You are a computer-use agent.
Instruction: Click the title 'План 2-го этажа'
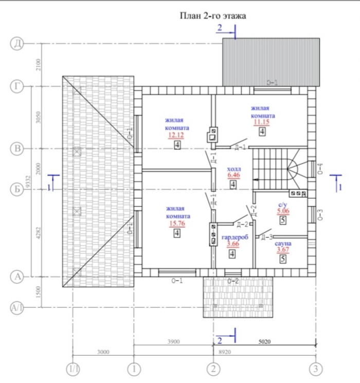[212, 16]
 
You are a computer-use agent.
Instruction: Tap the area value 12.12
[176, 135]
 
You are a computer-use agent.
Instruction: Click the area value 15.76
[176, 223]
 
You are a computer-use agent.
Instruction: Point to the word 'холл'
[233, 168]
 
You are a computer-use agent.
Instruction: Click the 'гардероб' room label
[235, 237]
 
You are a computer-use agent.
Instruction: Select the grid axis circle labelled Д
[17, 44]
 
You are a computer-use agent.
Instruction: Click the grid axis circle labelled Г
[17, 86]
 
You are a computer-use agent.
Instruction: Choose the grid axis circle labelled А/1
[17, 308]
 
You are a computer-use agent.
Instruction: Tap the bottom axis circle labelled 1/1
[73, 369]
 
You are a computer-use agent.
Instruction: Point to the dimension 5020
[264, 341]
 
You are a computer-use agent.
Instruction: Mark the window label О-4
[320, 169]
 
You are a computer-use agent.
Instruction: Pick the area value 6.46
[233, 176]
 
